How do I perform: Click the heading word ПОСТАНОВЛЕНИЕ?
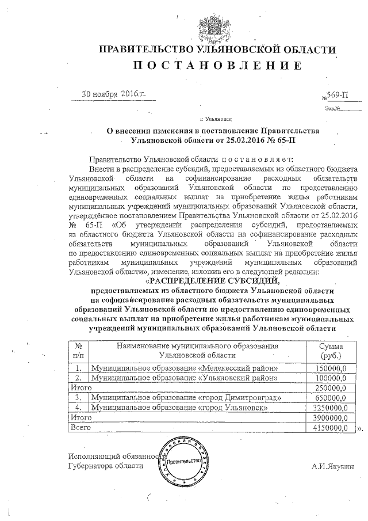(217, 65)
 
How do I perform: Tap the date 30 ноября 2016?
(114, 94)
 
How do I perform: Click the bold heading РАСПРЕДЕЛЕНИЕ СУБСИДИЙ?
(217, 282)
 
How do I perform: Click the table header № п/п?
(78, 351)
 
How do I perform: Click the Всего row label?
(78, 428)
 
